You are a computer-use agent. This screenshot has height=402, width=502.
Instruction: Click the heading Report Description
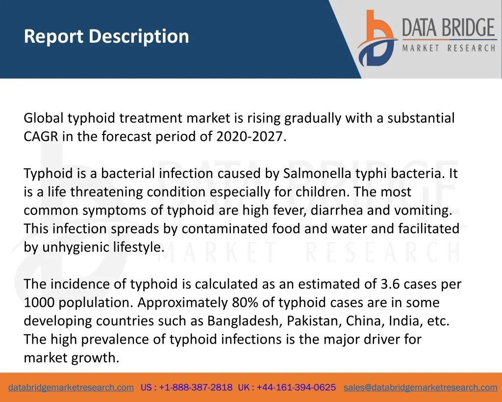tap(106, 36)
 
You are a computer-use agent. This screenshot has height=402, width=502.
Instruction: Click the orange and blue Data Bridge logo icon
tap(377, 38)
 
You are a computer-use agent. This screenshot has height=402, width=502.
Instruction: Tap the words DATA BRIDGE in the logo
tap(449, 27)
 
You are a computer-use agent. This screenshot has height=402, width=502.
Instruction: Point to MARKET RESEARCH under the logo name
tap(449, 48)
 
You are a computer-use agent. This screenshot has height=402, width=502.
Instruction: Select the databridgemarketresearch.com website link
tap(71, 387)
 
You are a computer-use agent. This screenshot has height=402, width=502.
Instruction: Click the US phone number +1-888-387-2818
tap(196, 387)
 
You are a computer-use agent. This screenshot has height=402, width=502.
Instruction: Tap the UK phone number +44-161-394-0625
tap(296, 387)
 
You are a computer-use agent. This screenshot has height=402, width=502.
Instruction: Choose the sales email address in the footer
tap(420, 387)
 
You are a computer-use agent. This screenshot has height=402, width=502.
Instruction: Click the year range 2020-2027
tap(250, 136)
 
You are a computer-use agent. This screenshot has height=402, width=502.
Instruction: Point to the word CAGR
tap(41, 136)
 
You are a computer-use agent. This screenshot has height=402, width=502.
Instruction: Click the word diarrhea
tap(337, 210)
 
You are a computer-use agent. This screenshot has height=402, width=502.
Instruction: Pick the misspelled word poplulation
tap(96, 303)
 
